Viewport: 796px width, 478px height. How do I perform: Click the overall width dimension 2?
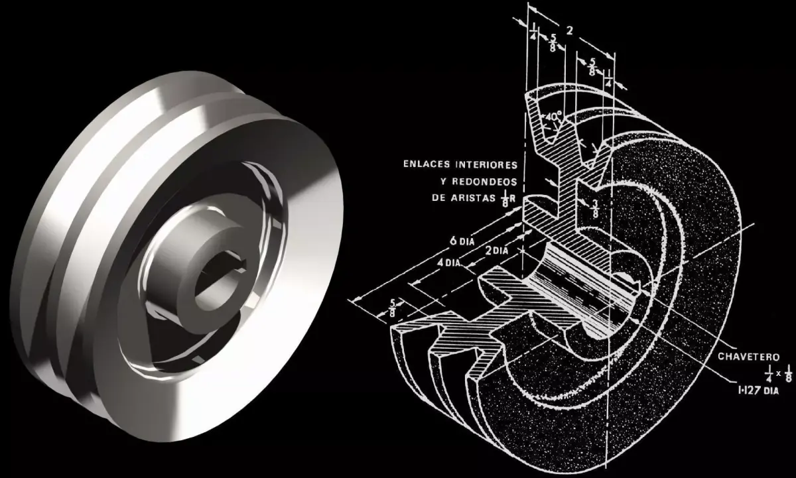(x=568, y=30)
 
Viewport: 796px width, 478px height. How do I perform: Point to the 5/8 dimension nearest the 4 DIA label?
(x=394, y=306)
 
